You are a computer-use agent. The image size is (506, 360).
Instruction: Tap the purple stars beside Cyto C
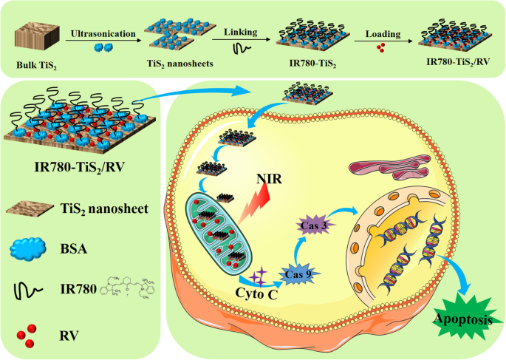(259, 278)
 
